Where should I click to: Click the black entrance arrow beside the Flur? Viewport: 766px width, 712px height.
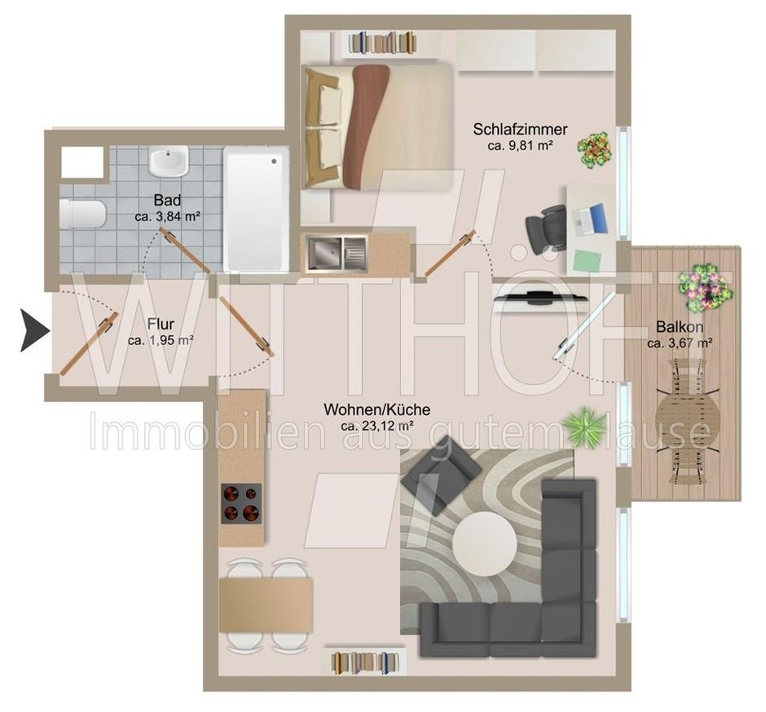point(34,330)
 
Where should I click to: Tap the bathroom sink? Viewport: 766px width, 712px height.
point(169,161)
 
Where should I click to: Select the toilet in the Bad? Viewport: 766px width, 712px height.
point(82,214)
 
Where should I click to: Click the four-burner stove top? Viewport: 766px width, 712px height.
point(241,503)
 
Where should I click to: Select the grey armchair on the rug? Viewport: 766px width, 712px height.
point(441,473)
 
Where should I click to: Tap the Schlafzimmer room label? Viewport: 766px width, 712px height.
point(520,130)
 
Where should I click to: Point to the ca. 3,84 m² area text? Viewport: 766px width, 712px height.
point(168,217)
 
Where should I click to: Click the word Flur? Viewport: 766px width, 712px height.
point(161,324)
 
